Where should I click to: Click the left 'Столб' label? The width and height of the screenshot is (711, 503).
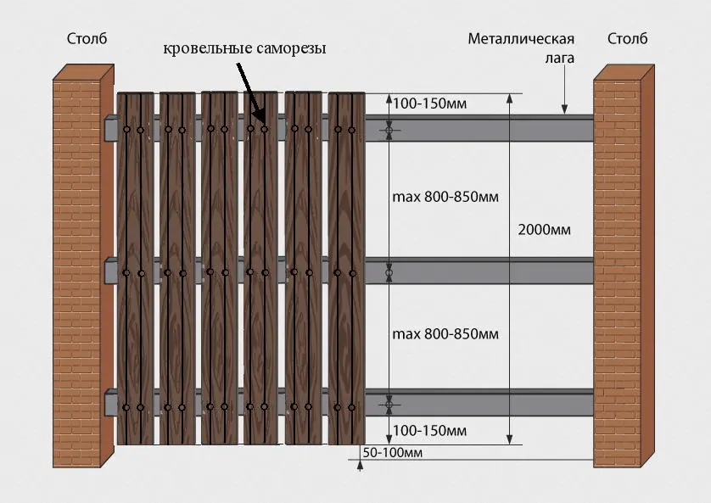pos(87,39)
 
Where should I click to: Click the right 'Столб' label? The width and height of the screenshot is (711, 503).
pos(627,39)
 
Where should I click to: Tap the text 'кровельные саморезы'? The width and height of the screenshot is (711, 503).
pos(244,49)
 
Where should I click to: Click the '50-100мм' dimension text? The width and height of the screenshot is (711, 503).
pos(394,452)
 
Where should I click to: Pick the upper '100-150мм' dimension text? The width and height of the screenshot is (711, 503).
pos(430,104)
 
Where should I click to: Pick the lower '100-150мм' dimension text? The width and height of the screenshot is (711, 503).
pos(430,430)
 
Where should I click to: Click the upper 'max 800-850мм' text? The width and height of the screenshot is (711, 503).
pos(445,197)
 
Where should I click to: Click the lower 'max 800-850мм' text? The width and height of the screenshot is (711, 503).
pos(445,333)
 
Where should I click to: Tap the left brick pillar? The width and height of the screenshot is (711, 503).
pos(82,271)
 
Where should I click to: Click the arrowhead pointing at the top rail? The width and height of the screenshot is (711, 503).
pos(564,109)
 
